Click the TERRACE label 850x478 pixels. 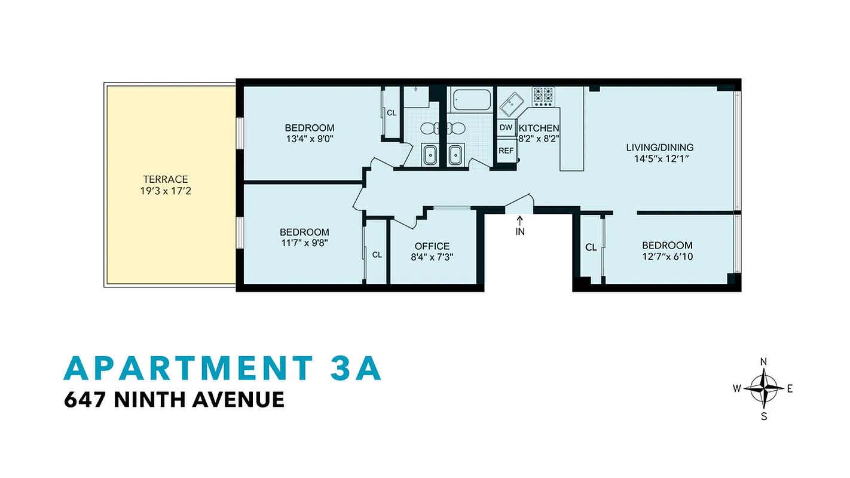(x=166, y=179)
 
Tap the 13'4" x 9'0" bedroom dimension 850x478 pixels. (x=309, y=140)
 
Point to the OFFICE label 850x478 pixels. (x=432, y=246)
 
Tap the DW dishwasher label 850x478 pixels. (x=506, y=128)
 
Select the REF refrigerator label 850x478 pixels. (x=506, y=151)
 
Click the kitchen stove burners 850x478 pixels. (x=543, y=96)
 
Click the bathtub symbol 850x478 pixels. (x=472, y=100)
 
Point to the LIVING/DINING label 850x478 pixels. (x=659, y=148)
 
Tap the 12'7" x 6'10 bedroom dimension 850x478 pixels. (x=667, y=257)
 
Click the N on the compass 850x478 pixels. (x=763, y=362)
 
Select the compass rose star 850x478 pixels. (x=763, y=388)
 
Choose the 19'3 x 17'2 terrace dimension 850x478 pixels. (x=166, y=191)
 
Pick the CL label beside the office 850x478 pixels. (x=377, y=255)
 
